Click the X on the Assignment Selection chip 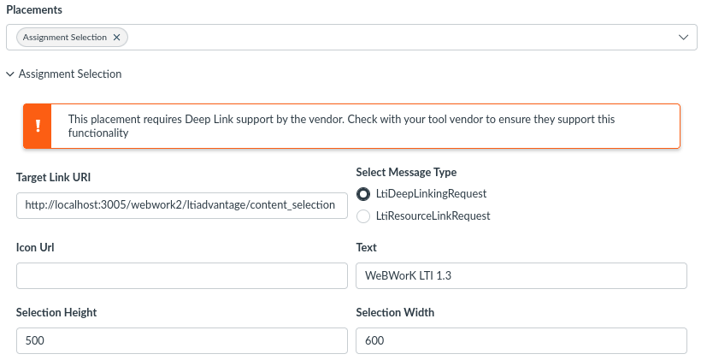pyautogui.click(x=116, y=37)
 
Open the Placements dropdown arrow pyautogui.click(x=683, y=37)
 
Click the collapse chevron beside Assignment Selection pyautogui.click(x=10, y=74)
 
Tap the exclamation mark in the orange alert pyautogui.click(x=38, y=126)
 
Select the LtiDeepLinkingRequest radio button pyautogui.click(x=363, y=193)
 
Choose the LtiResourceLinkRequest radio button pyautogui.click(x=363, y=216)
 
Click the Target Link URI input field pyautogui.click(x=182, y=205)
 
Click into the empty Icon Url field pyautogui.click(x=182, y=275)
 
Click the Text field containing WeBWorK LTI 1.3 pyautogui.click(x=521, y=275)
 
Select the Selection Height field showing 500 pyautogui.click(x=182, y=340)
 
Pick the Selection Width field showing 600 pyautogui.click(x=521, y=340)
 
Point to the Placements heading pyautogui.click(x=34, y=9)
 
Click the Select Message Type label pyautogui.click(x=406, y=172)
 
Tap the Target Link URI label pyautogui.click(x=53, y=177)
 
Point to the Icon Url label pyautogui.click(x=35, y=247)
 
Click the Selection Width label pyautogui.click(x=395, y=312)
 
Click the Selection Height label pyautogui.click(x=56, y=312)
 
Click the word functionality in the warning pyautogui.click(x=98, y=133)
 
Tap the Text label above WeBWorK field pyautogui.click(x=367, y=247)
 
